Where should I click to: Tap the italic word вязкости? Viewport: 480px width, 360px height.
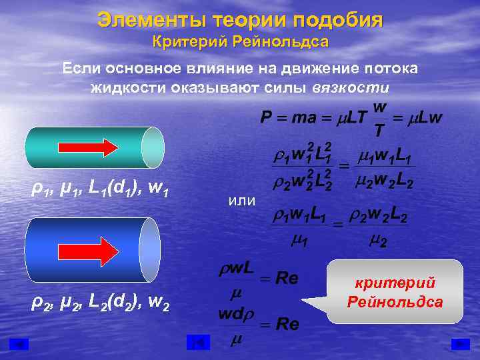click(x=351, y=88)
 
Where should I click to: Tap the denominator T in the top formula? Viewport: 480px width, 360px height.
click(x=378, y=130)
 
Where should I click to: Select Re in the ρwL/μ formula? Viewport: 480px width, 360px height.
click(x=287, y=279)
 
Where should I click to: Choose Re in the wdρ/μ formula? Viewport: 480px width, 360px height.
click(x=287, y=325)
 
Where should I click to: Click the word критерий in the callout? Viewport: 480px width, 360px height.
click(x=395, y=283)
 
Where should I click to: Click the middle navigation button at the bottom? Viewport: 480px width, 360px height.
click(x=198, y=343)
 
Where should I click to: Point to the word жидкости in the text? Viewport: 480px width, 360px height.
click(x=131, y=88)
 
